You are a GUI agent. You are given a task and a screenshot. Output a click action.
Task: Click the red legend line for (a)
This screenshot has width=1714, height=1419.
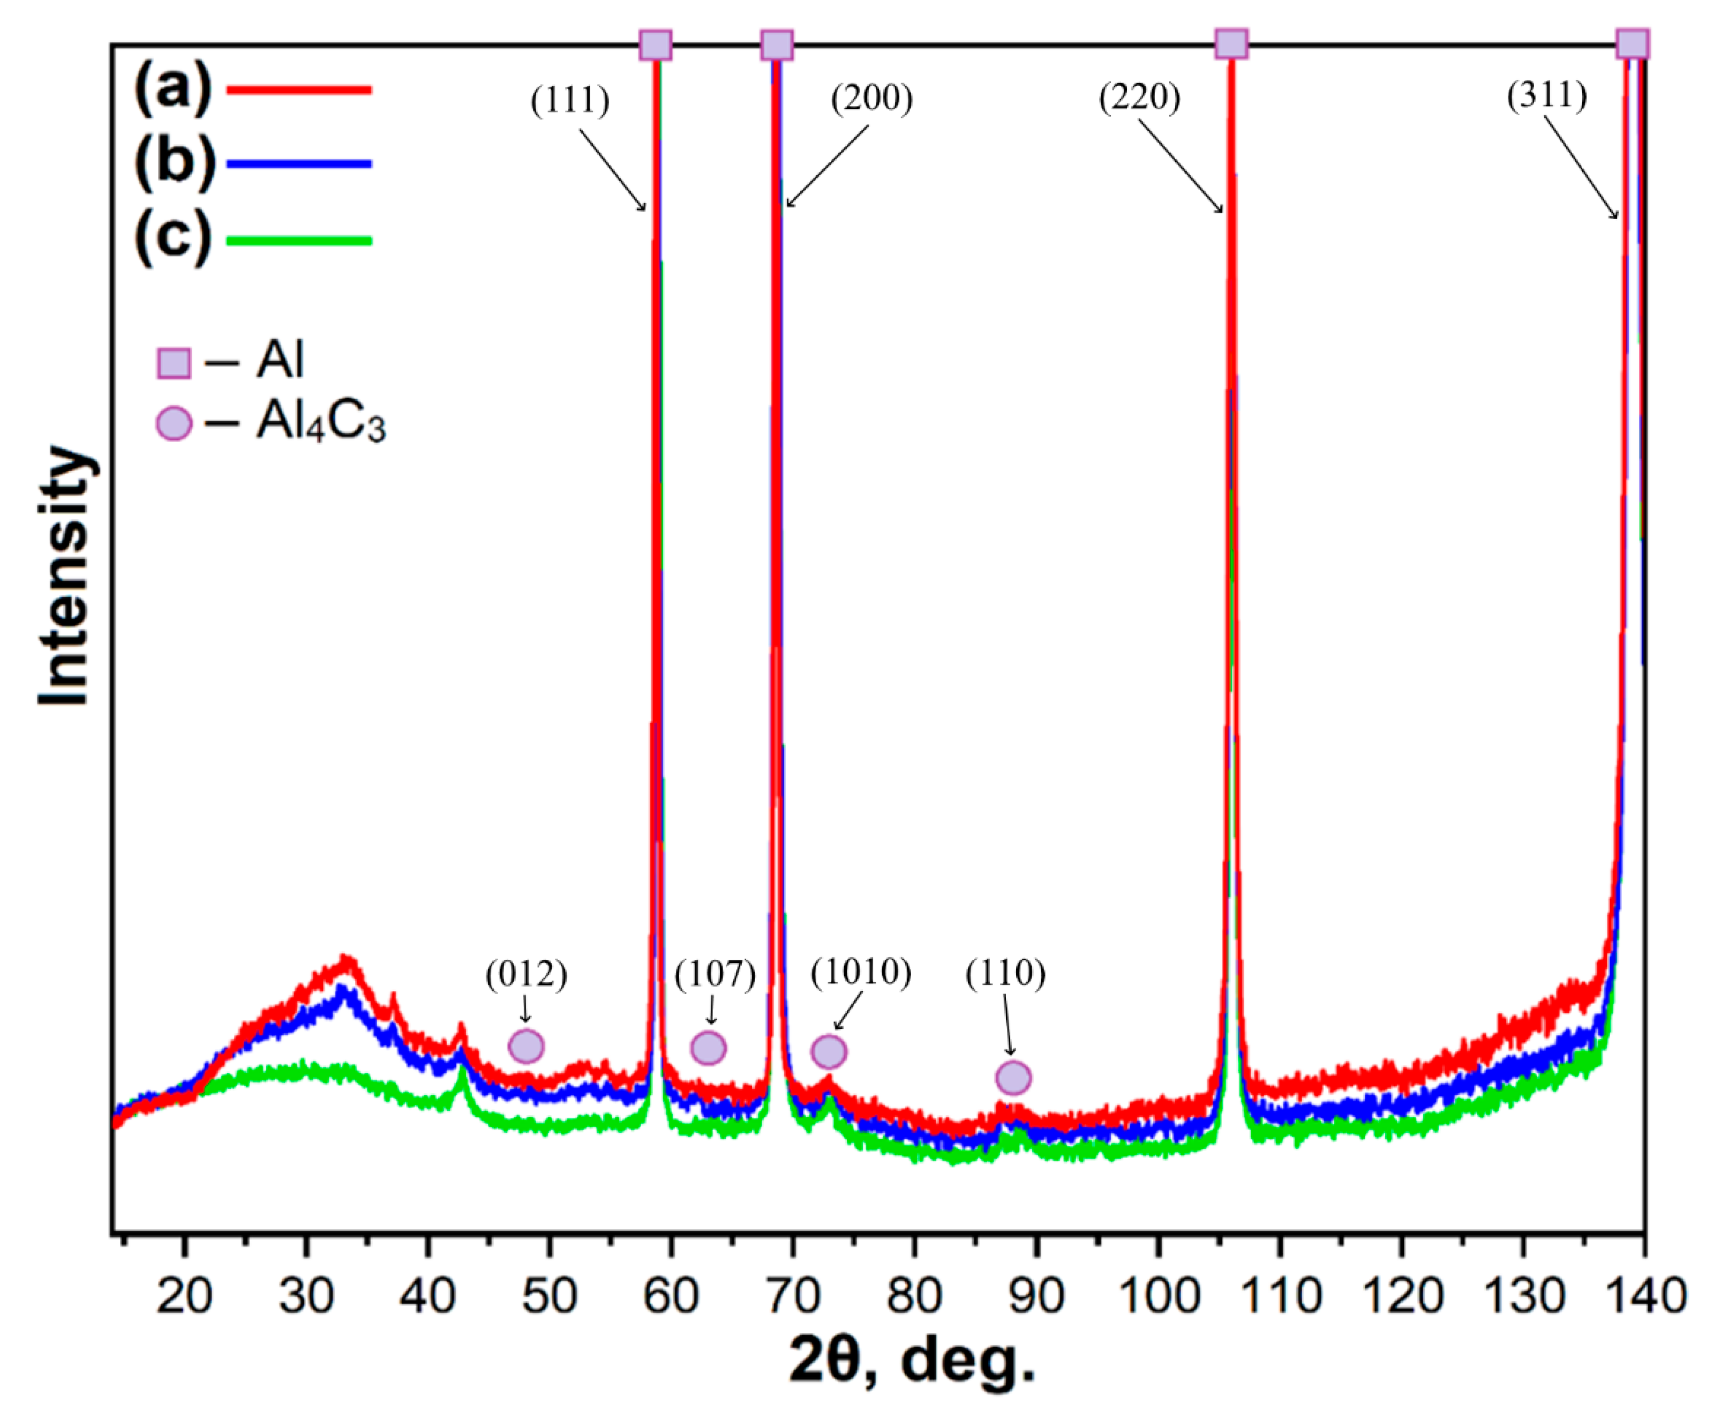pos(299,90)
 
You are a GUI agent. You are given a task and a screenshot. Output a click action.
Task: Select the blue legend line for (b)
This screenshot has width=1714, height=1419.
pos(299,164)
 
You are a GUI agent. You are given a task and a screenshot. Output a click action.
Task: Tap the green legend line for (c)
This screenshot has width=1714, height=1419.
pos(299,241)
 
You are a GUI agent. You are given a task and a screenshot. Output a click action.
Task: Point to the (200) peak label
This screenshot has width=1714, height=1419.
pos(871,99)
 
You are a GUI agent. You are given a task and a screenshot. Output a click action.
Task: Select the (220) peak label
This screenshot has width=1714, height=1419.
pos(1139,98)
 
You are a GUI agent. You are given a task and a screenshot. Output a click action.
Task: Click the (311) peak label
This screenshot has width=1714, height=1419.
pos(1547,95)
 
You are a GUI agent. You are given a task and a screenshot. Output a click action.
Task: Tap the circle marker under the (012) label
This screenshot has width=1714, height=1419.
pos(527,1046)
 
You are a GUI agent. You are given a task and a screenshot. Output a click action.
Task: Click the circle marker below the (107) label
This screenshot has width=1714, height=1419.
pos(709,1048)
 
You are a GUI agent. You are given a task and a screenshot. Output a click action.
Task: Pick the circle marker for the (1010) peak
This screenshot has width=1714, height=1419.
pos(829,1051)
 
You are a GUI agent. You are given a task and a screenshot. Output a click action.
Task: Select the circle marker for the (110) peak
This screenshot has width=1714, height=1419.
pos(1013,1078)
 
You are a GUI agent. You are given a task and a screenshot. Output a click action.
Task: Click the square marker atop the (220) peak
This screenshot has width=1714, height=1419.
pos(1231,43)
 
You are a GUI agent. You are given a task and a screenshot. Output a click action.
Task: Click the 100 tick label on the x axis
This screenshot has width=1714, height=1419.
pos(1157,1296)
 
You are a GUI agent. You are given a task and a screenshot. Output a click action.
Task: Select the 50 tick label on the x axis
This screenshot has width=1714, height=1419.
pos(550,1296)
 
